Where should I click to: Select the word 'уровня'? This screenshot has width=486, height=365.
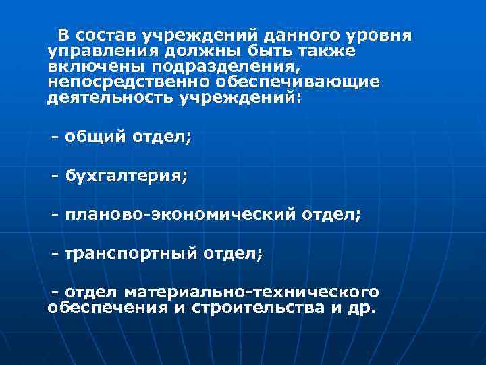383,35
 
